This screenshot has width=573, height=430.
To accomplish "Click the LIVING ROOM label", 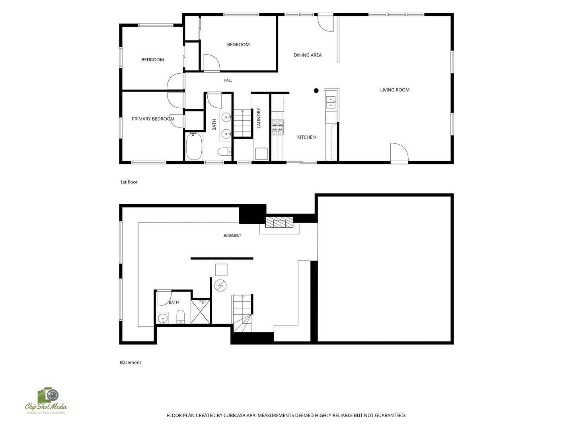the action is tap(394, 90).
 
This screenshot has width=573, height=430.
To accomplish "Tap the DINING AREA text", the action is tap(308, 55).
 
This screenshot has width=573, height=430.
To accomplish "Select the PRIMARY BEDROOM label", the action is tap(153, 119).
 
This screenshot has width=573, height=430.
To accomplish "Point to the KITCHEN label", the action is tap(306, 137).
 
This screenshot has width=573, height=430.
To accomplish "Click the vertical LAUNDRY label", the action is tap(259, 118).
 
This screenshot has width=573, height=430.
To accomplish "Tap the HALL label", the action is tap(228, 80).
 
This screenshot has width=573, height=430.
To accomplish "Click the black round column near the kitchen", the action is tap(316, 91).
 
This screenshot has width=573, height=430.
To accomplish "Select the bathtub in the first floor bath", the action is tap(194, 146).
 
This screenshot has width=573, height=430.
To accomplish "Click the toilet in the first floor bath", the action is tap(224, 151).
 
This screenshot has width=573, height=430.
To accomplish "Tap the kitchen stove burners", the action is tap(277, 127).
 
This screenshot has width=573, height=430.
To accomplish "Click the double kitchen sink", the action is tap(331, 102).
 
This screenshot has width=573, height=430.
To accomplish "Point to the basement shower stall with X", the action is tap(200, 312).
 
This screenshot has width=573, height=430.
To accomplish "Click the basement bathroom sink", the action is tap(163, 318).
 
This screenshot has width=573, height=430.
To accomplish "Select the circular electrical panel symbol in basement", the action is tap(220, 285).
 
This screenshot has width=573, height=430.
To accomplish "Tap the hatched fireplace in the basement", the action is tap(279, 222).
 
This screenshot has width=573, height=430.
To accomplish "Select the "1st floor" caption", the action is tap(129, 182).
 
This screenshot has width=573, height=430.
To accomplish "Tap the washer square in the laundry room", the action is tap(261, 154).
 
